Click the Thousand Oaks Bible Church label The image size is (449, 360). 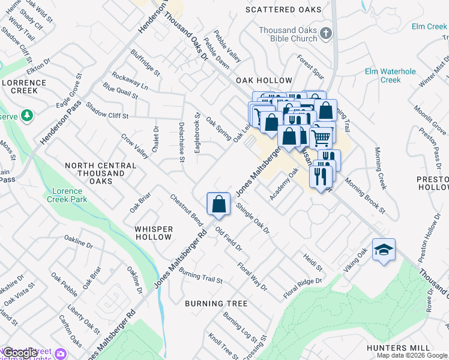pos(288,34)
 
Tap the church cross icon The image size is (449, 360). pos(325,34)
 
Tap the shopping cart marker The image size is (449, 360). pos(321,137)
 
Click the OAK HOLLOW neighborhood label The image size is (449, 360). pos(264,80)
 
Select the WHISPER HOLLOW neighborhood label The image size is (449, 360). pos(154,233)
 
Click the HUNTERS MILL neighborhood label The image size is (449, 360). pos(398,348)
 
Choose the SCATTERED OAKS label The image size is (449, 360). pos(284,10)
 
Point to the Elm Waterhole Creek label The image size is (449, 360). pos(390,76)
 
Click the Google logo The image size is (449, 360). pos(20,353)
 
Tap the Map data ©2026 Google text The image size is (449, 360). pos(412,355)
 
